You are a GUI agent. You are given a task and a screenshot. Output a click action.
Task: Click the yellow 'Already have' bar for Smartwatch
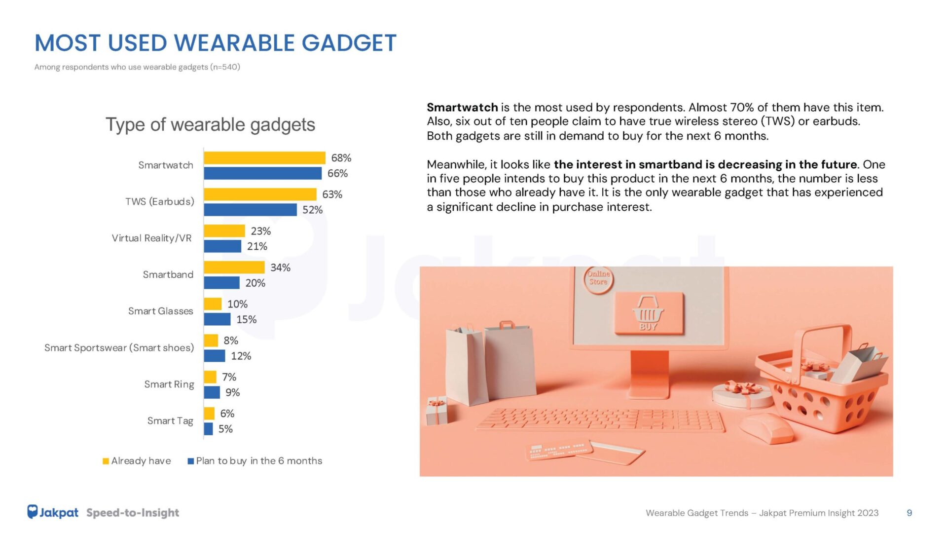tap(264, 158)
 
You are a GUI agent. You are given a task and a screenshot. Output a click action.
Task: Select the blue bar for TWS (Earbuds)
tap(251, 210)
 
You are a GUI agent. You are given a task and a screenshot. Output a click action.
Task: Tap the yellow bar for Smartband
tap(234, 267)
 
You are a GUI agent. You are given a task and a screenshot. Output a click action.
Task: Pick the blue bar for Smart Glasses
tap(217, 319)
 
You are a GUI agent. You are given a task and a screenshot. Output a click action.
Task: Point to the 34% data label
tap(280, 267)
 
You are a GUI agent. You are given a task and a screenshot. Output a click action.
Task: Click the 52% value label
tap(312, 210)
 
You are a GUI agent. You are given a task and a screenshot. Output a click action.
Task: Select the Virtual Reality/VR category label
tap(151, 238)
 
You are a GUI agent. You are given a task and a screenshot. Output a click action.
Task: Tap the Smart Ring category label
tap(169, 384)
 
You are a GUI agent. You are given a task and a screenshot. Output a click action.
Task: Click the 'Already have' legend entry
tap(137, 461)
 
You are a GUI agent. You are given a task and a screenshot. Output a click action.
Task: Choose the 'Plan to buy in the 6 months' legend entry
tap(255, 461)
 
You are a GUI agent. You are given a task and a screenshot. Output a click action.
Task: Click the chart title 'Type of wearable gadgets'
tap(210, 124)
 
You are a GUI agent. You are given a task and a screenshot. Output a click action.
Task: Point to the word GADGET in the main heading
tap(349, 43)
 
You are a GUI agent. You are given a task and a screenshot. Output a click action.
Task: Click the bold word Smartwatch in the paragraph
tap(462, 108)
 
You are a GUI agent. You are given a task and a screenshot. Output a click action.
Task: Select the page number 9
tap(909, 513)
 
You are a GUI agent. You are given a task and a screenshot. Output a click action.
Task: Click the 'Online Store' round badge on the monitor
tap(598, 279)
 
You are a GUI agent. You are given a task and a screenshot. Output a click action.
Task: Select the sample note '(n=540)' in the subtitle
tap(225, 67)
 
